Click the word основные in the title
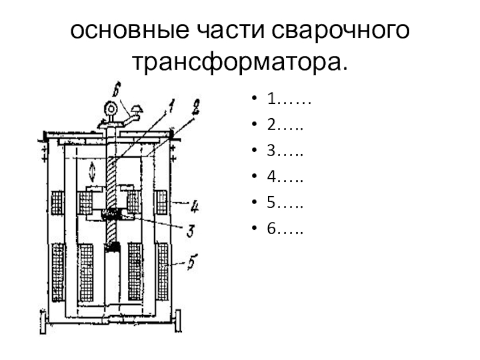click(x=130, y=31)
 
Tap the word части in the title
click(x=230, y=31)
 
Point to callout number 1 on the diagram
click(x=171, y=106)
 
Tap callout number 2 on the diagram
click(x=196, y=107)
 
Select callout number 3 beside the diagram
click(x=191, y=230)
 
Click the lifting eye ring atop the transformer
click(x=110, y=109)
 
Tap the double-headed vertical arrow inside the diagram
click(x=92, y=172)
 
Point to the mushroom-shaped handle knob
click(x=137, y=109)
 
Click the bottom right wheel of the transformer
click(x=178, y=321)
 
